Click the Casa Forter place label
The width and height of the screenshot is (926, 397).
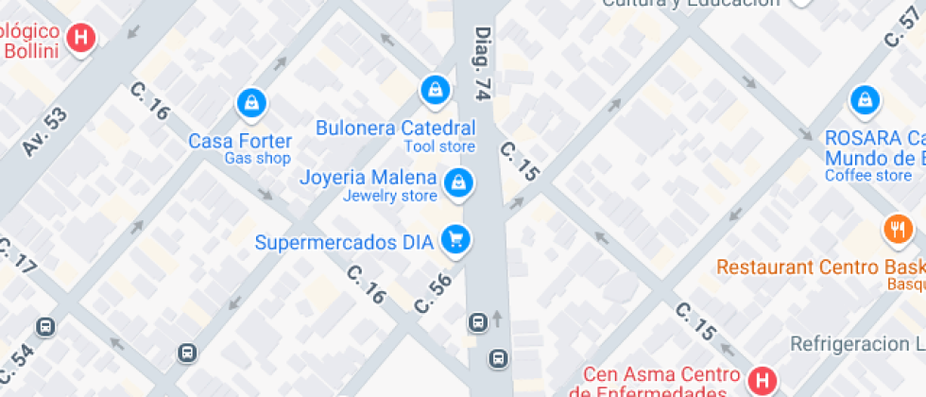pos(240,141)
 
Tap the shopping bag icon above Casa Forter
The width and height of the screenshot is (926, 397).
pos(251,101)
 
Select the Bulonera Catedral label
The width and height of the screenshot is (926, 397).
pos(395,128)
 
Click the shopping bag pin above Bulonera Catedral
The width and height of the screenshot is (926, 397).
pos(434,88)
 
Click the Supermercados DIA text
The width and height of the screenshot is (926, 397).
pos(344,243)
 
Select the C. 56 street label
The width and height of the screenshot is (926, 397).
pos(434,292)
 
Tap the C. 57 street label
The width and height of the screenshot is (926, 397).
pos(902,26)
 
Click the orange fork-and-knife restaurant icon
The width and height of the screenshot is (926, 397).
pos(898,229)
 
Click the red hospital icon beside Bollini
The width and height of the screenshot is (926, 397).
pos(82,37)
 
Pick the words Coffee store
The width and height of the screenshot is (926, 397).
pos(867,175)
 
